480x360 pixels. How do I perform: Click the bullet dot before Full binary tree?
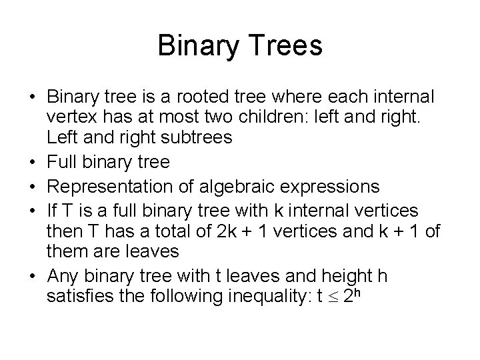(32, 162)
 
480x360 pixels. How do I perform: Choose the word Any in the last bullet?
(63, 276)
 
